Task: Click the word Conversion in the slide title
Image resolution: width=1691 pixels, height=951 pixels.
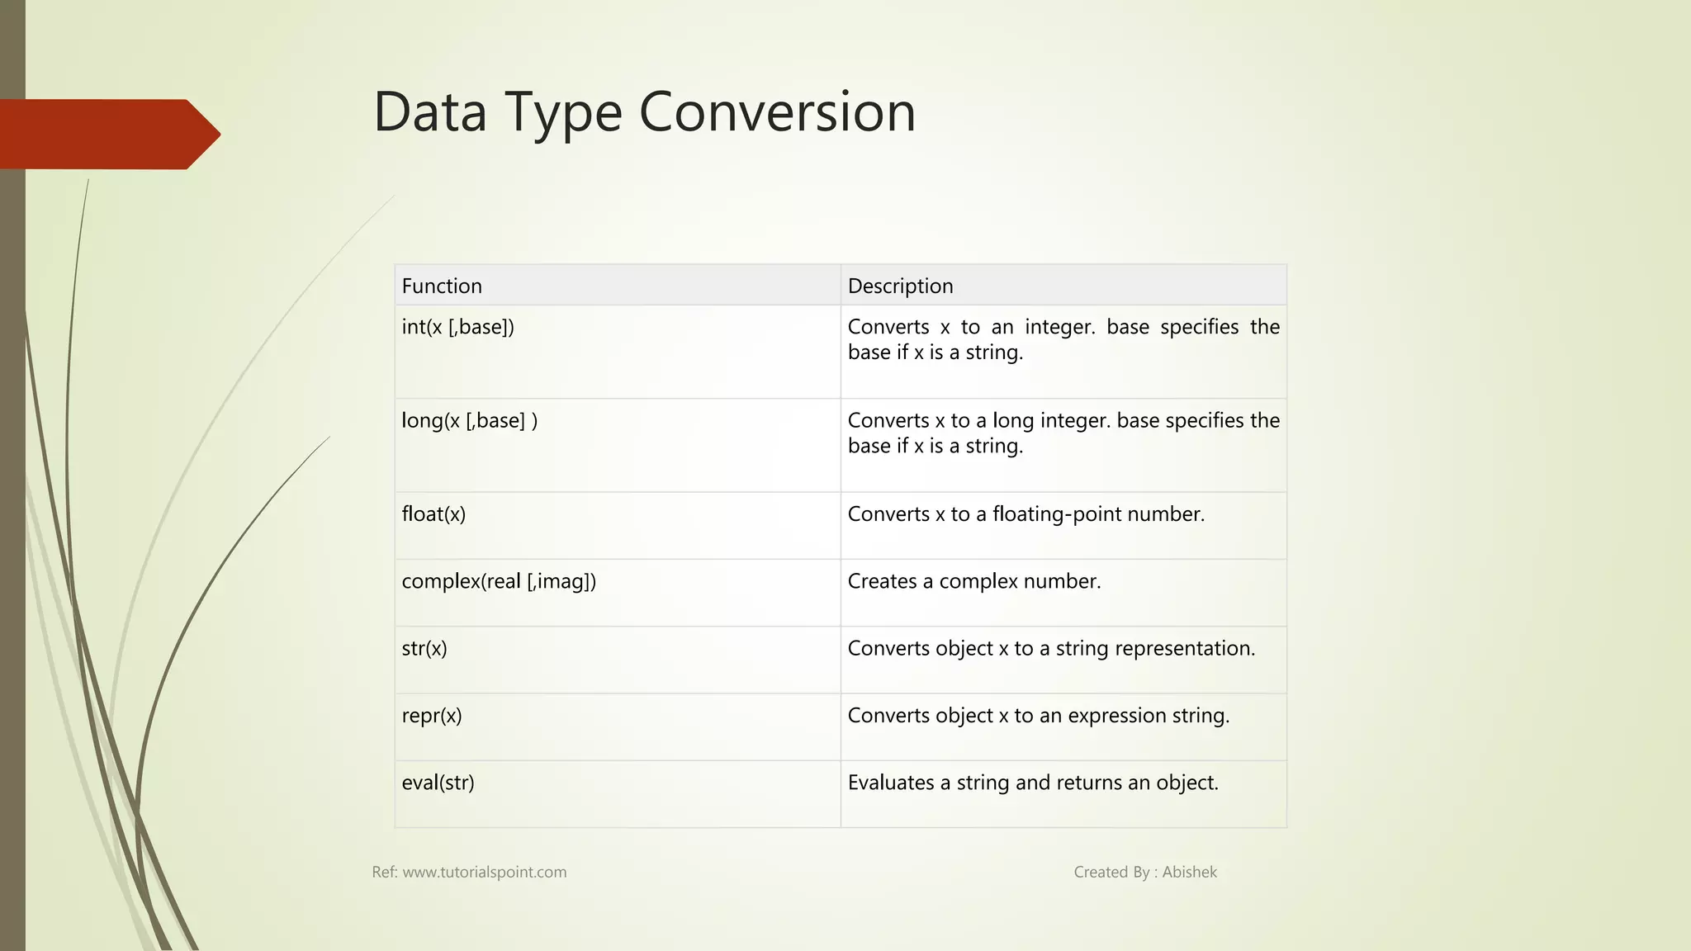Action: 777,111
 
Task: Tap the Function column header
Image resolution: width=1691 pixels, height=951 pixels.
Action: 442,286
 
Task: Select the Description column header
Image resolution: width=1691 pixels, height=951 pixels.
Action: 900,286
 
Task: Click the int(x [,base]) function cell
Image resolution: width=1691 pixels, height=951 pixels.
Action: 457,327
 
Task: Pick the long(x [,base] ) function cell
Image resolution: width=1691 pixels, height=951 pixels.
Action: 469,421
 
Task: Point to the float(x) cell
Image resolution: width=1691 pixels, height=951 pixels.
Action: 433,514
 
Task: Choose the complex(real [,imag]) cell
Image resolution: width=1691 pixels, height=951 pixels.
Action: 499,581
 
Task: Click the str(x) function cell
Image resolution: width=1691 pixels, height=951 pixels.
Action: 424,649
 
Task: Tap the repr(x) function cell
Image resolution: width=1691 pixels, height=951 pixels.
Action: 431,716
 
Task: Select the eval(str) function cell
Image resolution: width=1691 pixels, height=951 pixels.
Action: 438,783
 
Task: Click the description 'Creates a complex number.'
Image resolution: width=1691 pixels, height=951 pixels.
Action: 974,581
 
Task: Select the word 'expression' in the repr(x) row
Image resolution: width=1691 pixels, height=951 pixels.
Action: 1118,716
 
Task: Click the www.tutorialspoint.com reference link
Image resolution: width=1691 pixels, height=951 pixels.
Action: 484,873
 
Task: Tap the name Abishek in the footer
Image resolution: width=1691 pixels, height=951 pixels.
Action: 1189,873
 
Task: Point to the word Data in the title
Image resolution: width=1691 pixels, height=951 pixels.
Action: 429,111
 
